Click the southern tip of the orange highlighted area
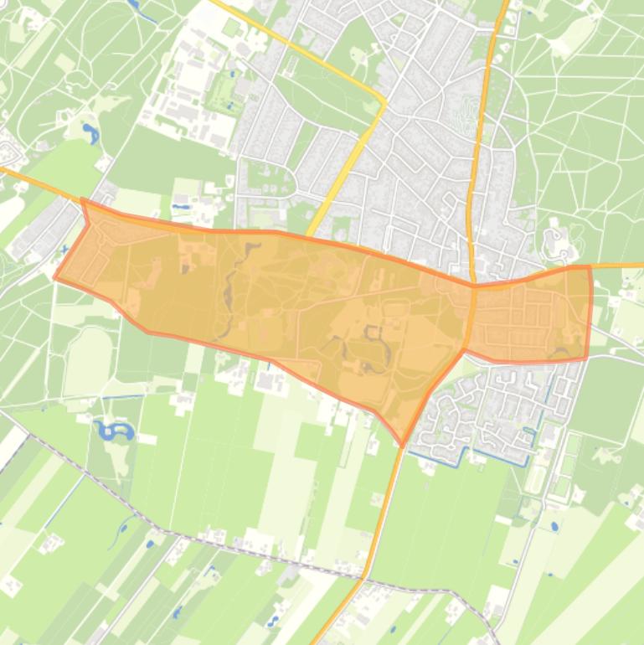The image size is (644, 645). (x=403, y=444)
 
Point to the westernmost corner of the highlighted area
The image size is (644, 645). (x=55, y=277)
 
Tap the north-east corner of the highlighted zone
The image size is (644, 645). (x=590, y=267)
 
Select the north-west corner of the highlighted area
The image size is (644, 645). (x=82, y=201)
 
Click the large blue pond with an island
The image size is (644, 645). (x=115, y=432)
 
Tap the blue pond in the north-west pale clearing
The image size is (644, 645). (x=90, y=132)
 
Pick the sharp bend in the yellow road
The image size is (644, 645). (x=384, y=102)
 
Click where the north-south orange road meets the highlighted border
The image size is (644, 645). (x=473, y=285)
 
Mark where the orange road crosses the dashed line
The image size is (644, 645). (x=365, y=576)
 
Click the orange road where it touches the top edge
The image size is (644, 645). (x=504, y=3)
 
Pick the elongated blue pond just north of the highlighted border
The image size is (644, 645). (x=181, y=204)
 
